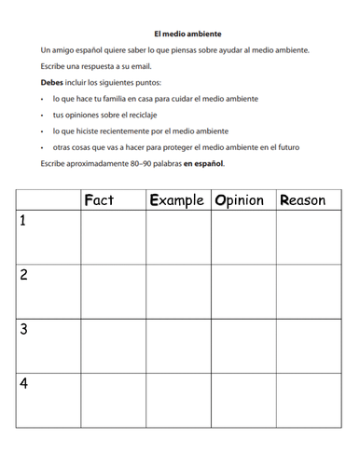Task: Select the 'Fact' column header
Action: pyautogui.click(x=99, y=199)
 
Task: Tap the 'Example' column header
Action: pyautogui.click(x=176, y=199)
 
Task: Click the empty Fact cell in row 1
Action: pyautogui.click(x=113, y=239)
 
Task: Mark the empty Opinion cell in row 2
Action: pyautogui.click(x=242, y=292)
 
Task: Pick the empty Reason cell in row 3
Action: pyautogui.click(x=309, y=346)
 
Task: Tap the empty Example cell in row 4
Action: pyautogui.click(x=178, y=400)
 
